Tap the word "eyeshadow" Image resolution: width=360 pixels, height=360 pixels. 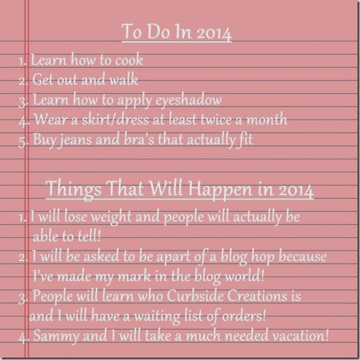(188, 101)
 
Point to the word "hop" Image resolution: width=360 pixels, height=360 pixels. (263, 257)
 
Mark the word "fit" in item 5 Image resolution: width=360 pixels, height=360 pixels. (246, 139)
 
